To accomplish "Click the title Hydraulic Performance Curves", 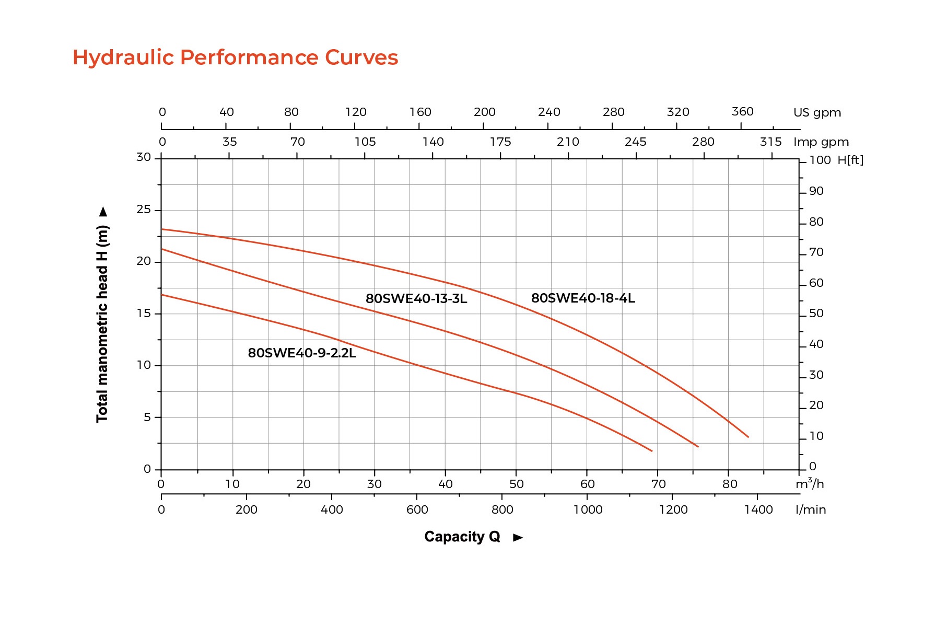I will click(235, 57).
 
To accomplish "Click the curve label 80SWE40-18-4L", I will click(583, 298).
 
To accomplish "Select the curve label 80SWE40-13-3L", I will click(416, 299).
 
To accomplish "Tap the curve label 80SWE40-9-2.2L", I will click(302, 353).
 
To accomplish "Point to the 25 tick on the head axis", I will click(144, 210).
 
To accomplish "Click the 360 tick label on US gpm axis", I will click(742, 112).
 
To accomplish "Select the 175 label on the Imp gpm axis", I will click(500, 142).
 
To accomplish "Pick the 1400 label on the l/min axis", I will click(758, 509).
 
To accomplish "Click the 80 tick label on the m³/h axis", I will click(730, 484).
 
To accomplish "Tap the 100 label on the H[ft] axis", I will click(820, 160).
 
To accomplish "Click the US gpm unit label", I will click(817, 113).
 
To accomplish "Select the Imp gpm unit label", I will click(821, 142).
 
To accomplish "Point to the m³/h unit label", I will click(810, 484).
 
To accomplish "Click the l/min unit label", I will click(811, 509).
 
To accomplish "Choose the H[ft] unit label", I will click(850, 160).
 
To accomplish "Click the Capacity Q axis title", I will click(462, 537).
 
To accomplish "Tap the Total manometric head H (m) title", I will click(102, 324).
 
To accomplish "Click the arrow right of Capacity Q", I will click(518, 538).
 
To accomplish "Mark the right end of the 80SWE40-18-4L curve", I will click(748, 437).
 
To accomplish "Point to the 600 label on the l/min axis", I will click(417, 509).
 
